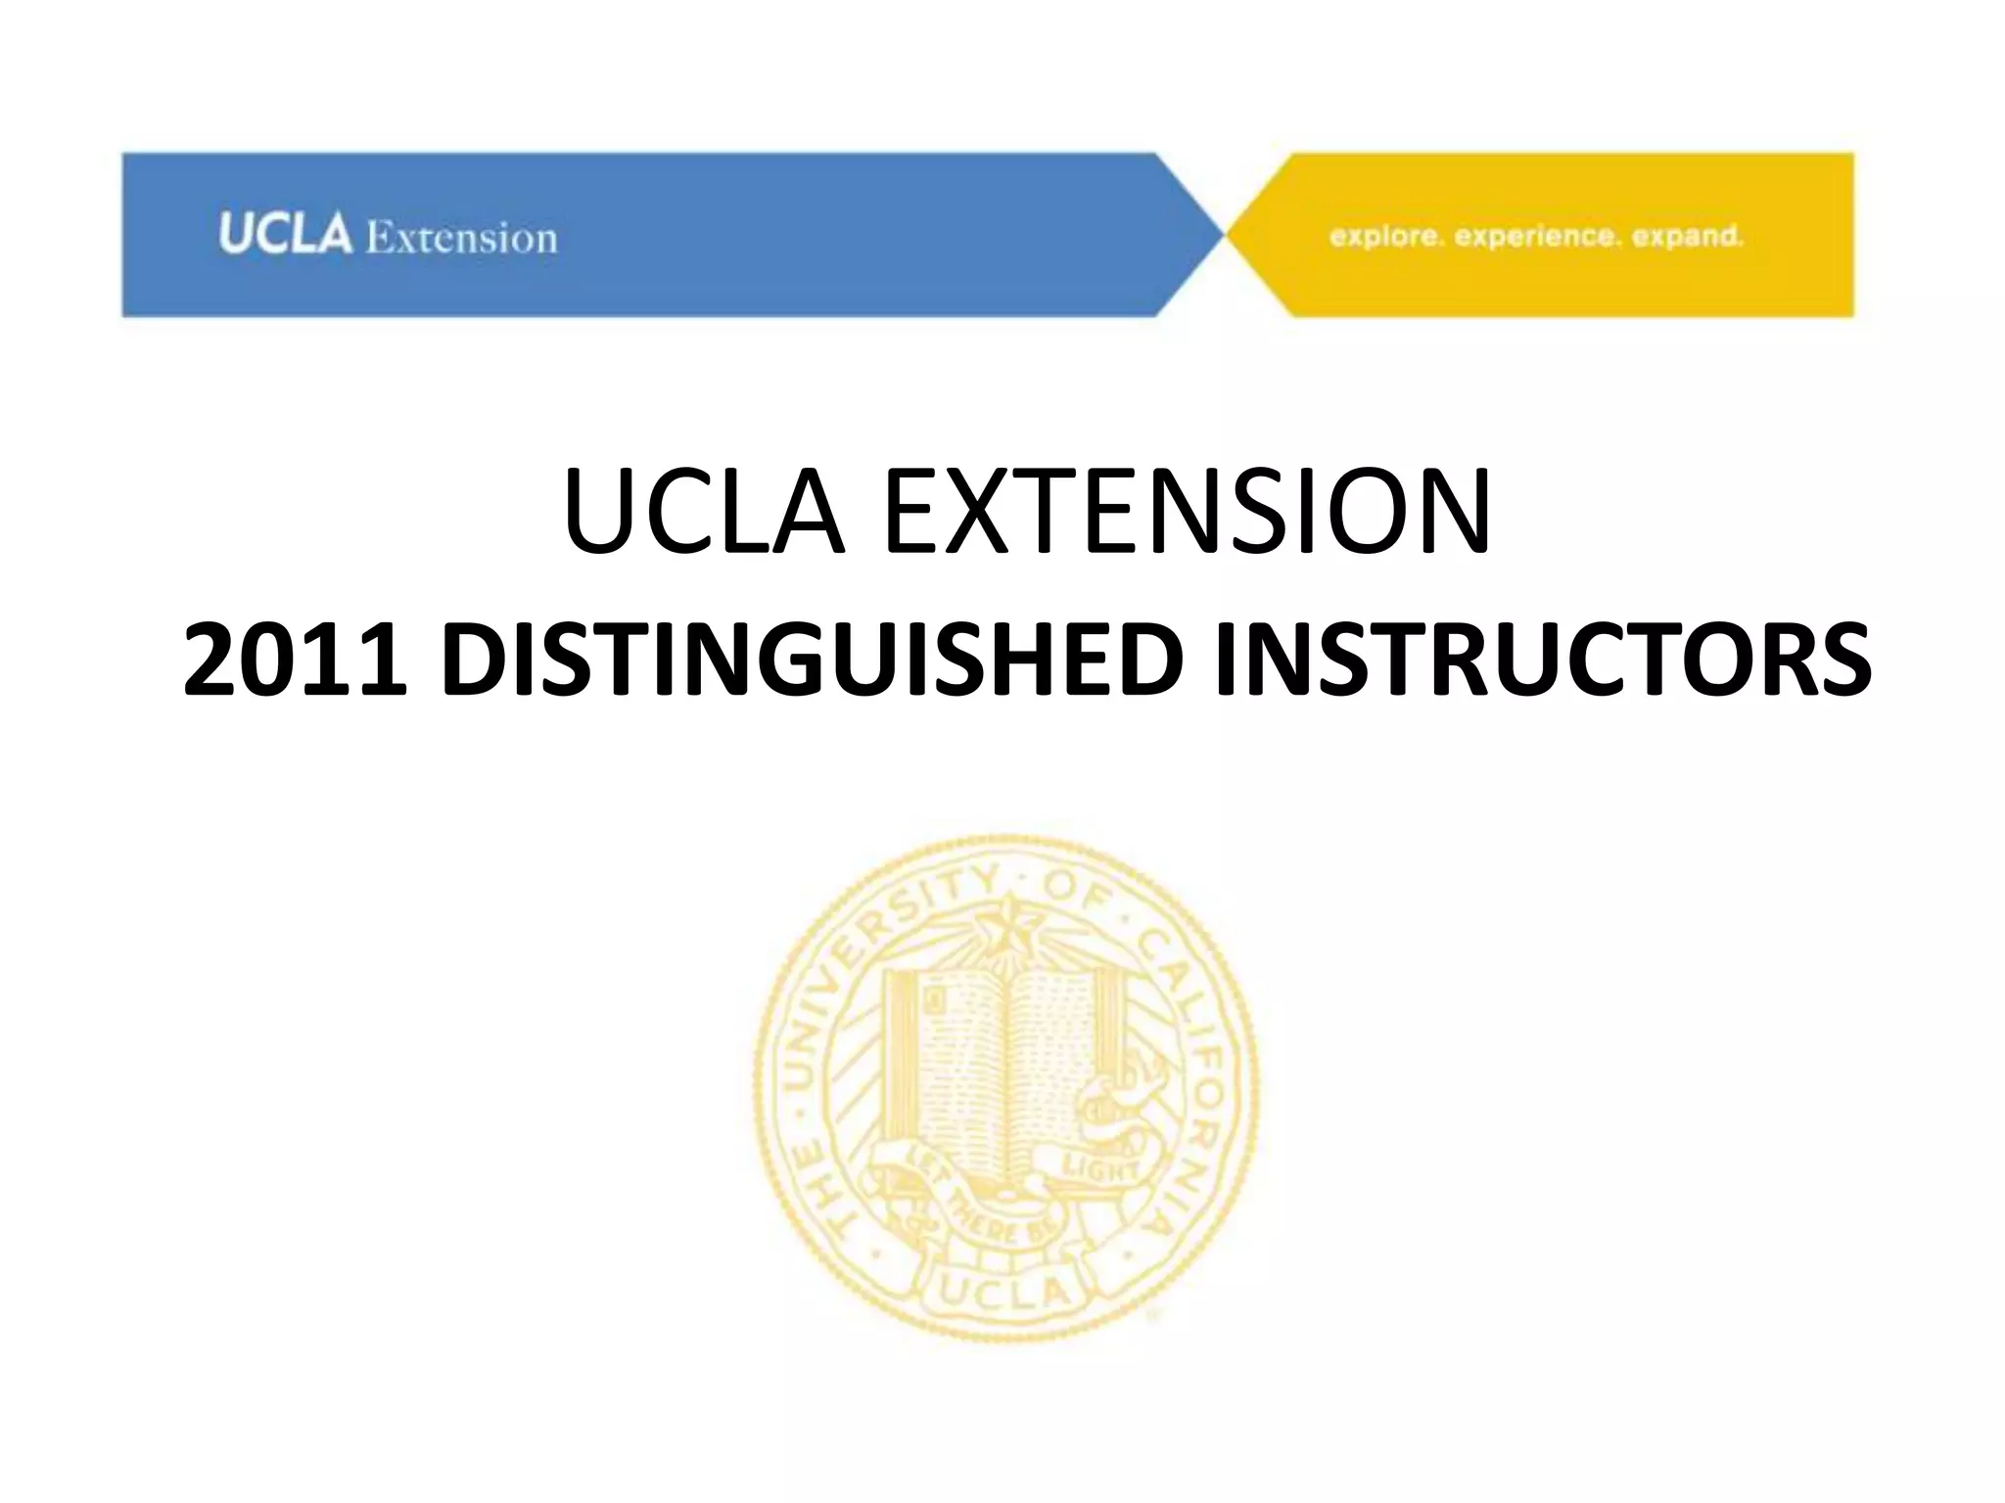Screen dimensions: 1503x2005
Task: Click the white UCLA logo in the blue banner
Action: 284,235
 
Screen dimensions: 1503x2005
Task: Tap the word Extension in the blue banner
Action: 461,238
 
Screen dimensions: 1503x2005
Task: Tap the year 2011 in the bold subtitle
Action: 295,660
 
